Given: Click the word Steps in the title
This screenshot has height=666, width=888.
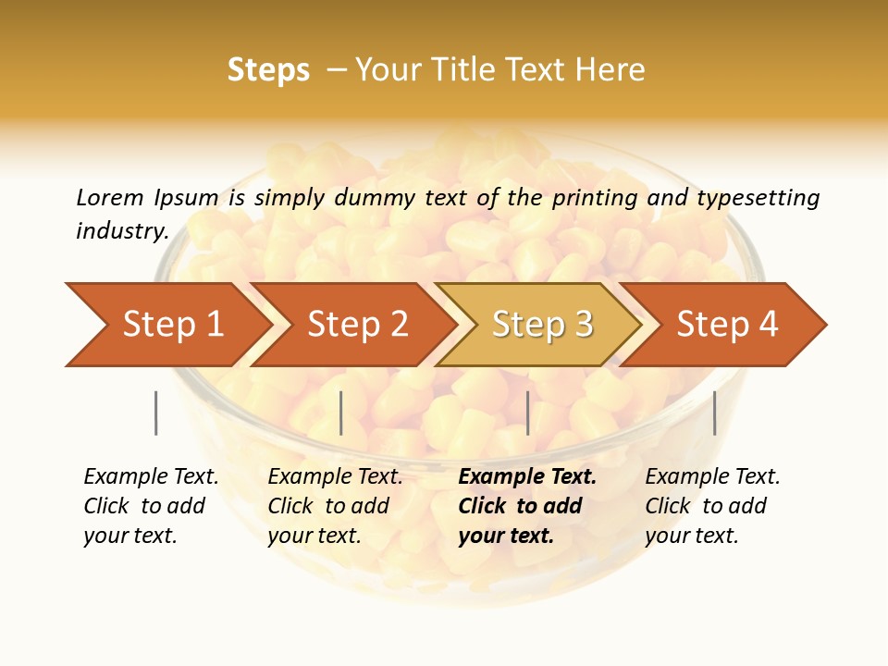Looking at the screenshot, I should click(x=268, y=70).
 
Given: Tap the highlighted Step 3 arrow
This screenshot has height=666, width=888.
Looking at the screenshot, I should click(x=541, y=325).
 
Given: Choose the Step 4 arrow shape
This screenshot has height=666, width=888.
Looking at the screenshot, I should click(x=726, y=325).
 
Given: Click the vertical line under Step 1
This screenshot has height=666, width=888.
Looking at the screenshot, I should click(x=156, y=413).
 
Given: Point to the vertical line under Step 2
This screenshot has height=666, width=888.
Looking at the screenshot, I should click(x=341, y=413).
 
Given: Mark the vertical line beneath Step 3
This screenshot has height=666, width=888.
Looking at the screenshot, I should click(x=527, y=413).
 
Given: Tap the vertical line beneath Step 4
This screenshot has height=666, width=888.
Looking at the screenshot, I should click(x=714, y=413).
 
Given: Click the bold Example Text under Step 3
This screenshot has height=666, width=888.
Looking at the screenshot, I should click(x=526, y=506).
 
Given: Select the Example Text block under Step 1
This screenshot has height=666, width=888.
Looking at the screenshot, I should click(x=150, y=506).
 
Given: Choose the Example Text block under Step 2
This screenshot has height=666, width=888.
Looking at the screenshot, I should click(x=334, y=506).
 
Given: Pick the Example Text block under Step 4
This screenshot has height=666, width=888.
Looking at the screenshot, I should click(x=711, y=506).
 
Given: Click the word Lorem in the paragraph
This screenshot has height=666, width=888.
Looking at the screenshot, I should click(x=109, y=198).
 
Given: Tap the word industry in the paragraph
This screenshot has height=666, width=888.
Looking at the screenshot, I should click(x=121, y=231).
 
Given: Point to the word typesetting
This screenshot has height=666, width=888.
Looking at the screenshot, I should click(x=758, y=198).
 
